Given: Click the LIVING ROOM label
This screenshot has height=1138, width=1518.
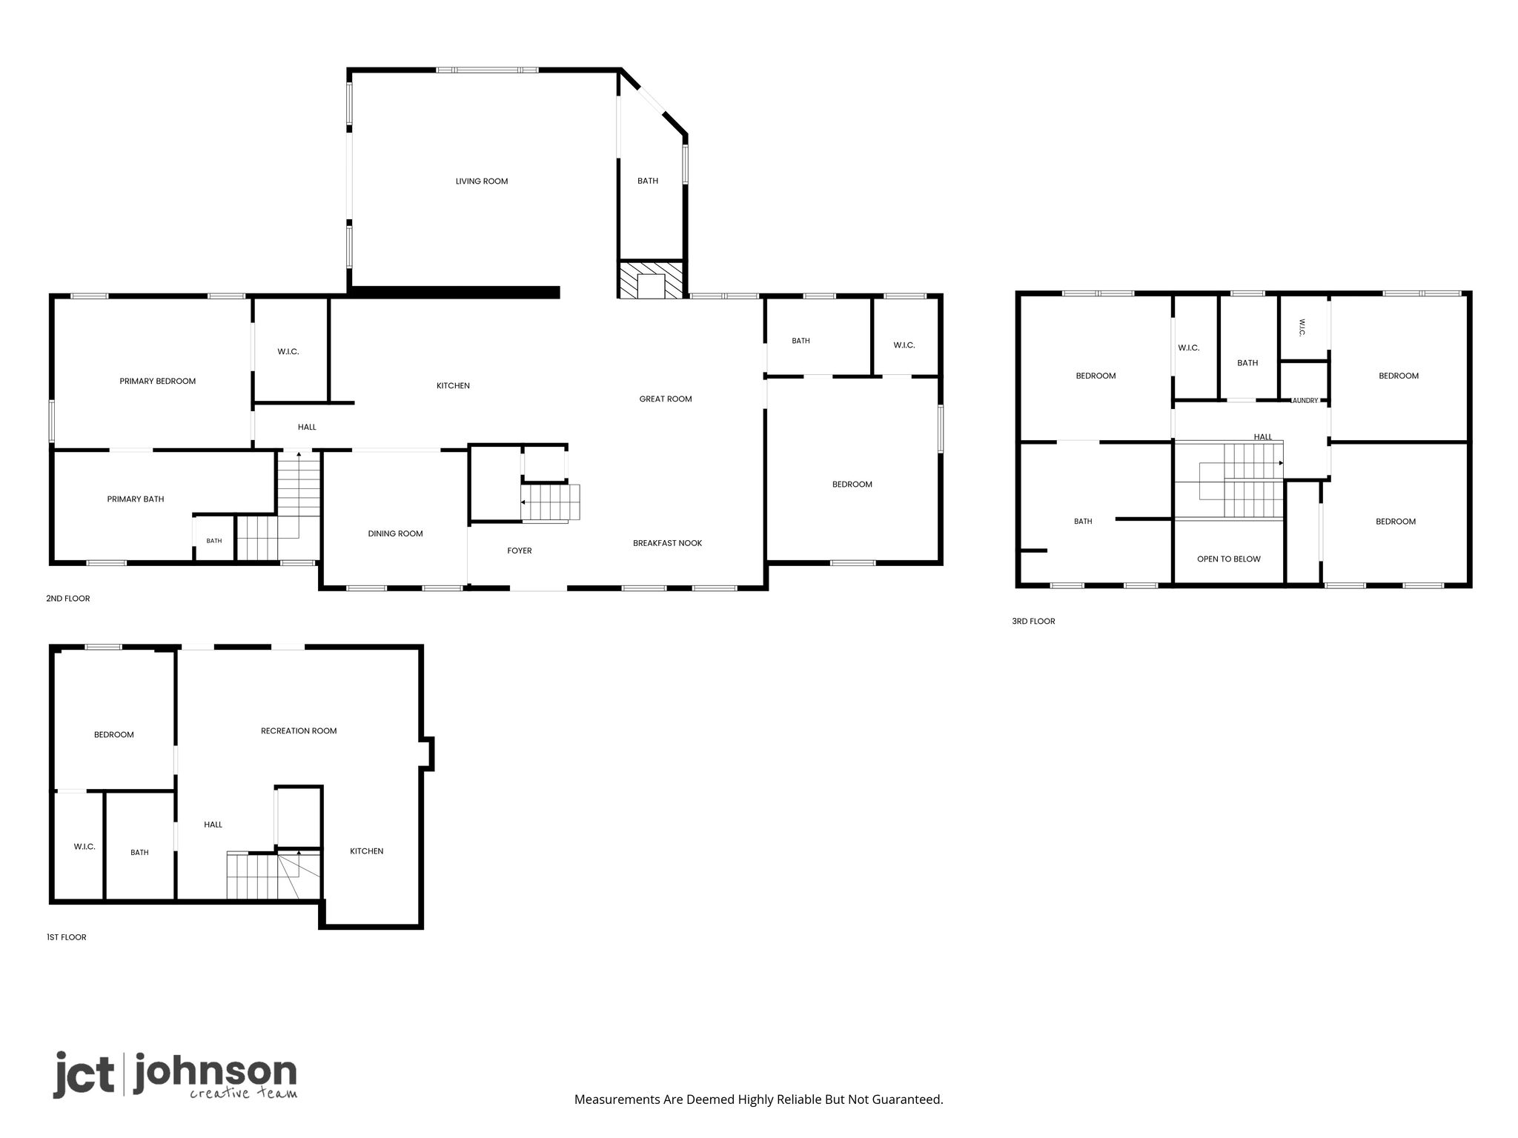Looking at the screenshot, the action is tap(482, 182).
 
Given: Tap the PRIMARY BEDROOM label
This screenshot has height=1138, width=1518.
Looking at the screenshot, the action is tap(158, 382).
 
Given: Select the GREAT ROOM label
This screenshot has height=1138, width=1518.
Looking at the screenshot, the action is tap(666, 399).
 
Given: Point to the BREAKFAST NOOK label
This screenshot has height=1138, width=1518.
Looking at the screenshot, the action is tap(667, 543).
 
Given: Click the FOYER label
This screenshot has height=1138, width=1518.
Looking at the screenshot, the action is tap(520, 551).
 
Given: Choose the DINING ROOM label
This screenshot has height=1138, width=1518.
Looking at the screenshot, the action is tap(396, 534).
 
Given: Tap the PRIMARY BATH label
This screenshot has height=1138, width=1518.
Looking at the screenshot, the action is tap(136, 499).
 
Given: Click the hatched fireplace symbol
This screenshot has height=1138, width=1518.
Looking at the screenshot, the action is tap(651, 280).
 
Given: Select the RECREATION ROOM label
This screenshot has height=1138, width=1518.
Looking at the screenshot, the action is tap(299, 731).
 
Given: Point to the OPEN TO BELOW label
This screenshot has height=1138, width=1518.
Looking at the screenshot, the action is tap(1229, 559).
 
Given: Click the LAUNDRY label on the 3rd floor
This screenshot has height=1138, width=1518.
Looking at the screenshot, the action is tap(1305, 401).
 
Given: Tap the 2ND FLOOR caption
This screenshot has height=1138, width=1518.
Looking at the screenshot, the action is tap(68, 599).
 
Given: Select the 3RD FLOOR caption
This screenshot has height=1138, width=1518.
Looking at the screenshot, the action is tap(1033, 622).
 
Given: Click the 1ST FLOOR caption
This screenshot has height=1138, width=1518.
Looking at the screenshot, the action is tap(67, 937).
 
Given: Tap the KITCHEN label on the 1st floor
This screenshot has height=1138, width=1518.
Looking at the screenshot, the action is tap(367, 851).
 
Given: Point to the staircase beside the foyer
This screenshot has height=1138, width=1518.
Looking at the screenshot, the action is tap(550, 503).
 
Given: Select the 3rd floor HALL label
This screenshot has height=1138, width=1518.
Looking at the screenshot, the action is tap(1263, 437).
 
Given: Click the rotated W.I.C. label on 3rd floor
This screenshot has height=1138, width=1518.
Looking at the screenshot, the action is tap(1302, 328).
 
